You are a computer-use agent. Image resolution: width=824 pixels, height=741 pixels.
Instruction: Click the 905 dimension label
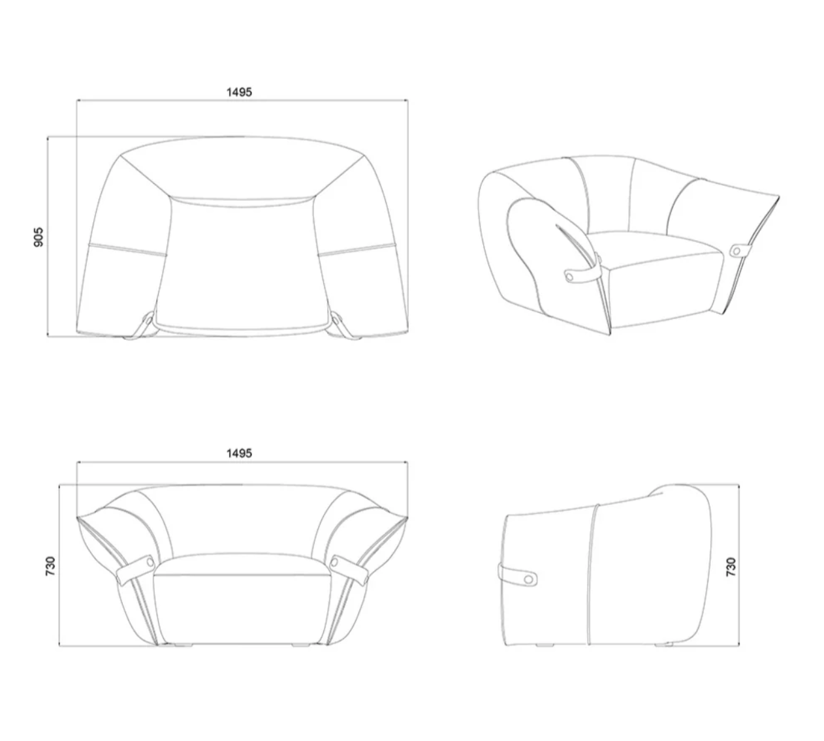pos(38,237)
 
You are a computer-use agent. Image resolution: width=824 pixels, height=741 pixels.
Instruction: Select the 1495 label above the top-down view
pos(239,92)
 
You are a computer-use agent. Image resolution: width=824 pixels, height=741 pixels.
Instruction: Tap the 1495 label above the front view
pos(239,453)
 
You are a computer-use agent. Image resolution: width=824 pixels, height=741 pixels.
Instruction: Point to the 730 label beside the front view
pos(50,566)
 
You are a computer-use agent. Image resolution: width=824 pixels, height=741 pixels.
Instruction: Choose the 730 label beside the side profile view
pos(731,567)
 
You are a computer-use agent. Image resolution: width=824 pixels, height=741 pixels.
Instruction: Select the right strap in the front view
pos(349,570)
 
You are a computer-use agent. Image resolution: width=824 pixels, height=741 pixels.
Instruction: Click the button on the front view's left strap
pos(150,562)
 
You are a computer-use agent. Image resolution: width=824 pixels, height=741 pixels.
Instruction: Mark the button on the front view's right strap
pos(335,562)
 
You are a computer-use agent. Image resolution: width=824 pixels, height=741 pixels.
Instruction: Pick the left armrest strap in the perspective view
pos(582,272)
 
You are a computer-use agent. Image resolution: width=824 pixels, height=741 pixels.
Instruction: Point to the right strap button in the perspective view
pos(737,251)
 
